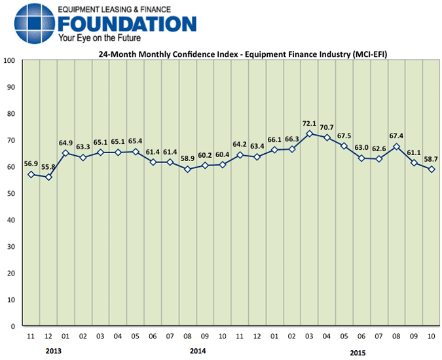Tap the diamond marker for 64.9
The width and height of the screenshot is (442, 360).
(x=65, y=153)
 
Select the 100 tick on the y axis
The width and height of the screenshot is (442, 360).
(x=9, y=60)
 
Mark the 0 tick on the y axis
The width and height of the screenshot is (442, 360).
(x=13, y=326)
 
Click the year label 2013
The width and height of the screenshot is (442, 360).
(x=54, y=351)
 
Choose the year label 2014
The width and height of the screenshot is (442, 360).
(x=198, y=351)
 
